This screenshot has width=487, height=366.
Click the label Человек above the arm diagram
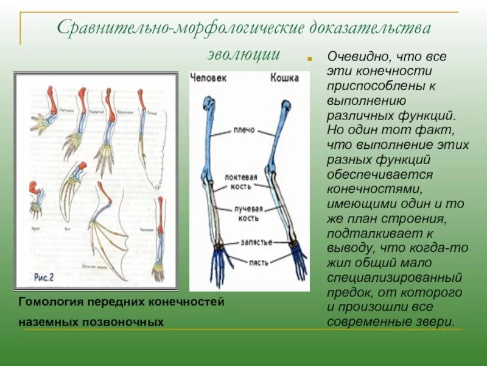tap(209, 78)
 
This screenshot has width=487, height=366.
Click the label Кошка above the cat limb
tap(284, 78)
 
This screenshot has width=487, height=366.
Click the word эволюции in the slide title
tap(243, 54)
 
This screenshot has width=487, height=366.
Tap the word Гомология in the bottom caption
tap(48, 302)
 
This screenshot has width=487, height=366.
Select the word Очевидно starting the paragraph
tap(354, 57)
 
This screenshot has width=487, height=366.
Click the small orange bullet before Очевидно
tap(309, 60)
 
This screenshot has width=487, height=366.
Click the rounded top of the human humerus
tap(209, 104)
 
